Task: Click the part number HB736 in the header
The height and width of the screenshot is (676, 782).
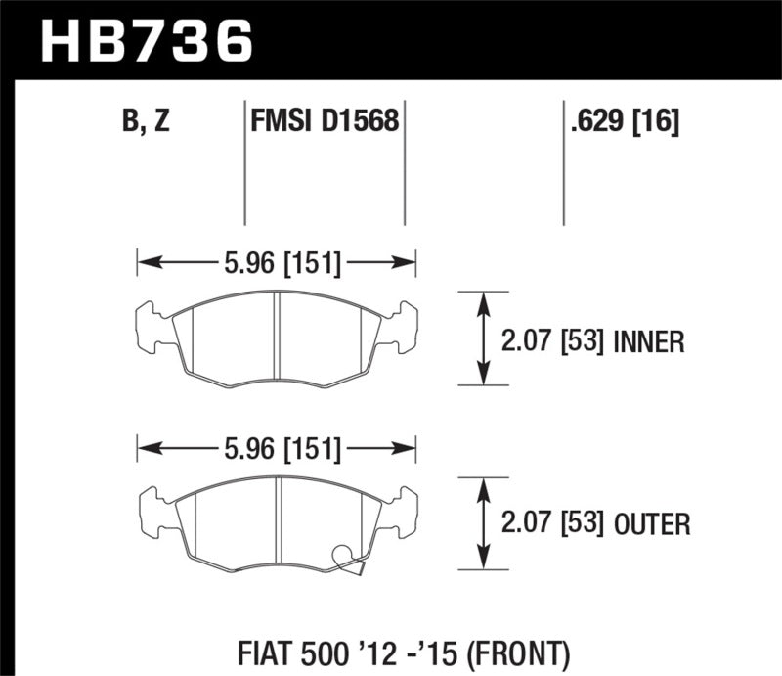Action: (x=147, y=41)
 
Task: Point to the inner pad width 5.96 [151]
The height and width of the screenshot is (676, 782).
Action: (x=277, y=261)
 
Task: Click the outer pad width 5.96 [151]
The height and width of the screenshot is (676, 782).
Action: (x=277, y=449)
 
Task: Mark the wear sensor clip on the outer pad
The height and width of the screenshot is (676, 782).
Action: (x=347, y=557)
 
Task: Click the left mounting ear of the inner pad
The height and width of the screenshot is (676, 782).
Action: (x=150, y=326)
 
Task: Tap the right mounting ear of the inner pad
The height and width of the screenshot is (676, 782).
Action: (x=404, y=326)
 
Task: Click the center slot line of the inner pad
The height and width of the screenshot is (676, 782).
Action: (x=277, y=338)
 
